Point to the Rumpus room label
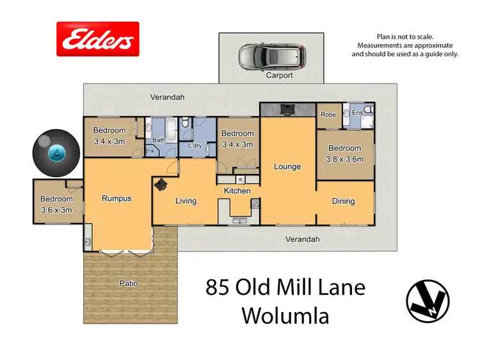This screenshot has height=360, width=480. (x=116, y=198)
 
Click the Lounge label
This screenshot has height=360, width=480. (x=287, y=167)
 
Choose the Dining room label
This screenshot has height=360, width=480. (x=343, y=201)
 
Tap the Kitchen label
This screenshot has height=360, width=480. (x=237, y=191)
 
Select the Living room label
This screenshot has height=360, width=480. (x=186, y=201)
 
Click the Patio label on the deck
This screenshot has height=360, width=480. (x=128, y=283)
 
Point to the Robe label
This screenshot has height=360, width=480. (x=328, y=115)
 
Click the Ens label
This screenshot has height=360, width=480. (x=358, y=113)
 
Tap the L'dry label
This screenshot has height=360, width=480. (x=195, y=145)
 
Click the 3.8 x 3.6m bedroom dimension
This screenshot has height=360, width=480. (x=345, y=159)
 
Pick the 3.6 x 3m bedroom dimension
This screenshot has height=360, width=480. (x=56, y=209)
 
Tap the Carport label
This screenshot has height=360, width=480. (x=279, y=75)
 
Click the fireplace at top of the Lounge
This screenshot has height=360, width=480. (x=287, y=109)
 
